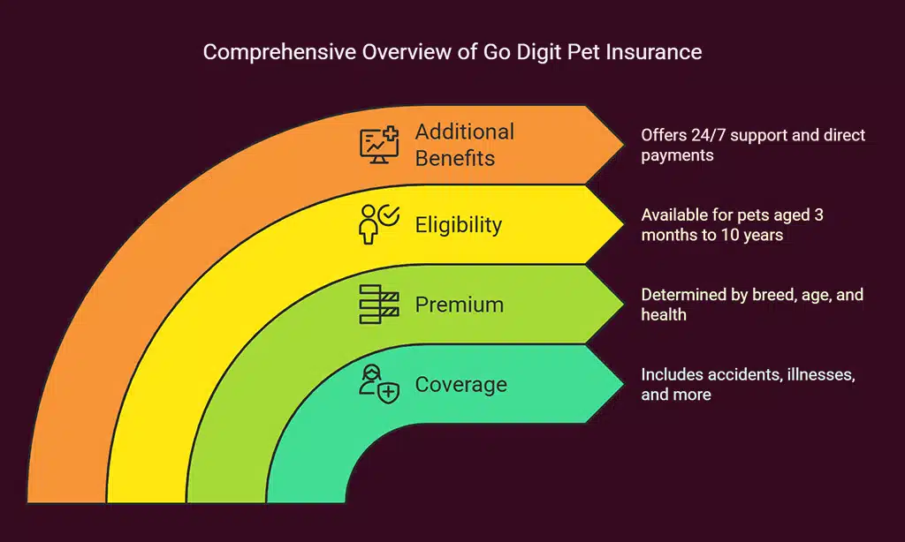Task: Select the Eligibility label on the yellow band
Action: point(459,225)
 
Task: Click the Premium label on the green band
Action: point(460,305)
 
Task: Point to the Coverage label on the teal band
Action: point(460,385)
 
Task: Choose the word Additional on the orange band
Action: point(465,132)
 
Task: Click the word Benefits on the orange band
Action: point(455,159)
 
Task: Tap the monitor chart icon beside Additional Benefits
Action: point(378,145)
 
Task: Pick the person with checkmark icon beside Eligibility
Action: point(378,224)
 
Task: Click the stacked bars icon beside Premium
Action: point(378,305)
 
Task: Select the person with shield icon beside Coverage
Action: point(378,384)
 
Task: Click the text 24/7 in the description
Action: point(708,135)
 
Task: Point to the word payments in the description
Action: point(677,156)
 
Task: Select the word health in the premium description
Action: point(664,315)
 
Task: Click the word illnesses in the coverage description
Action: point(821,375)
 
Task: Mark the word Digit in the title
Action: point(538,53)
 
